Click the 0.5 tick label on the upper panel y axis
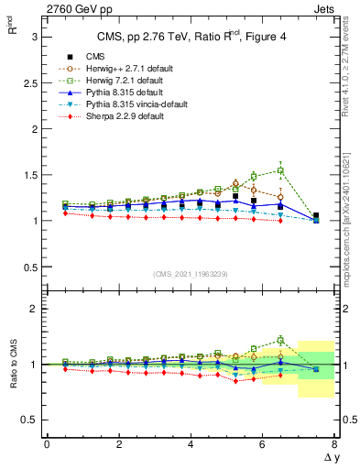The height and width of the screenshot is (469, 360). [x=31, y=267]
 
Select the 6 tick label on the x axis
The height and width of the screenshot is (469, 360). [x=263, y=443]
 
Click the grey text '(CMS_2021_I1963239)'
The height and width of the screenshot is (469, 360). [x=191, y=274]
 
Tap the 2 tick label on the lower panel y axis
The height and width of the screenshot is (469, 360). [x=35, y=309]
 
